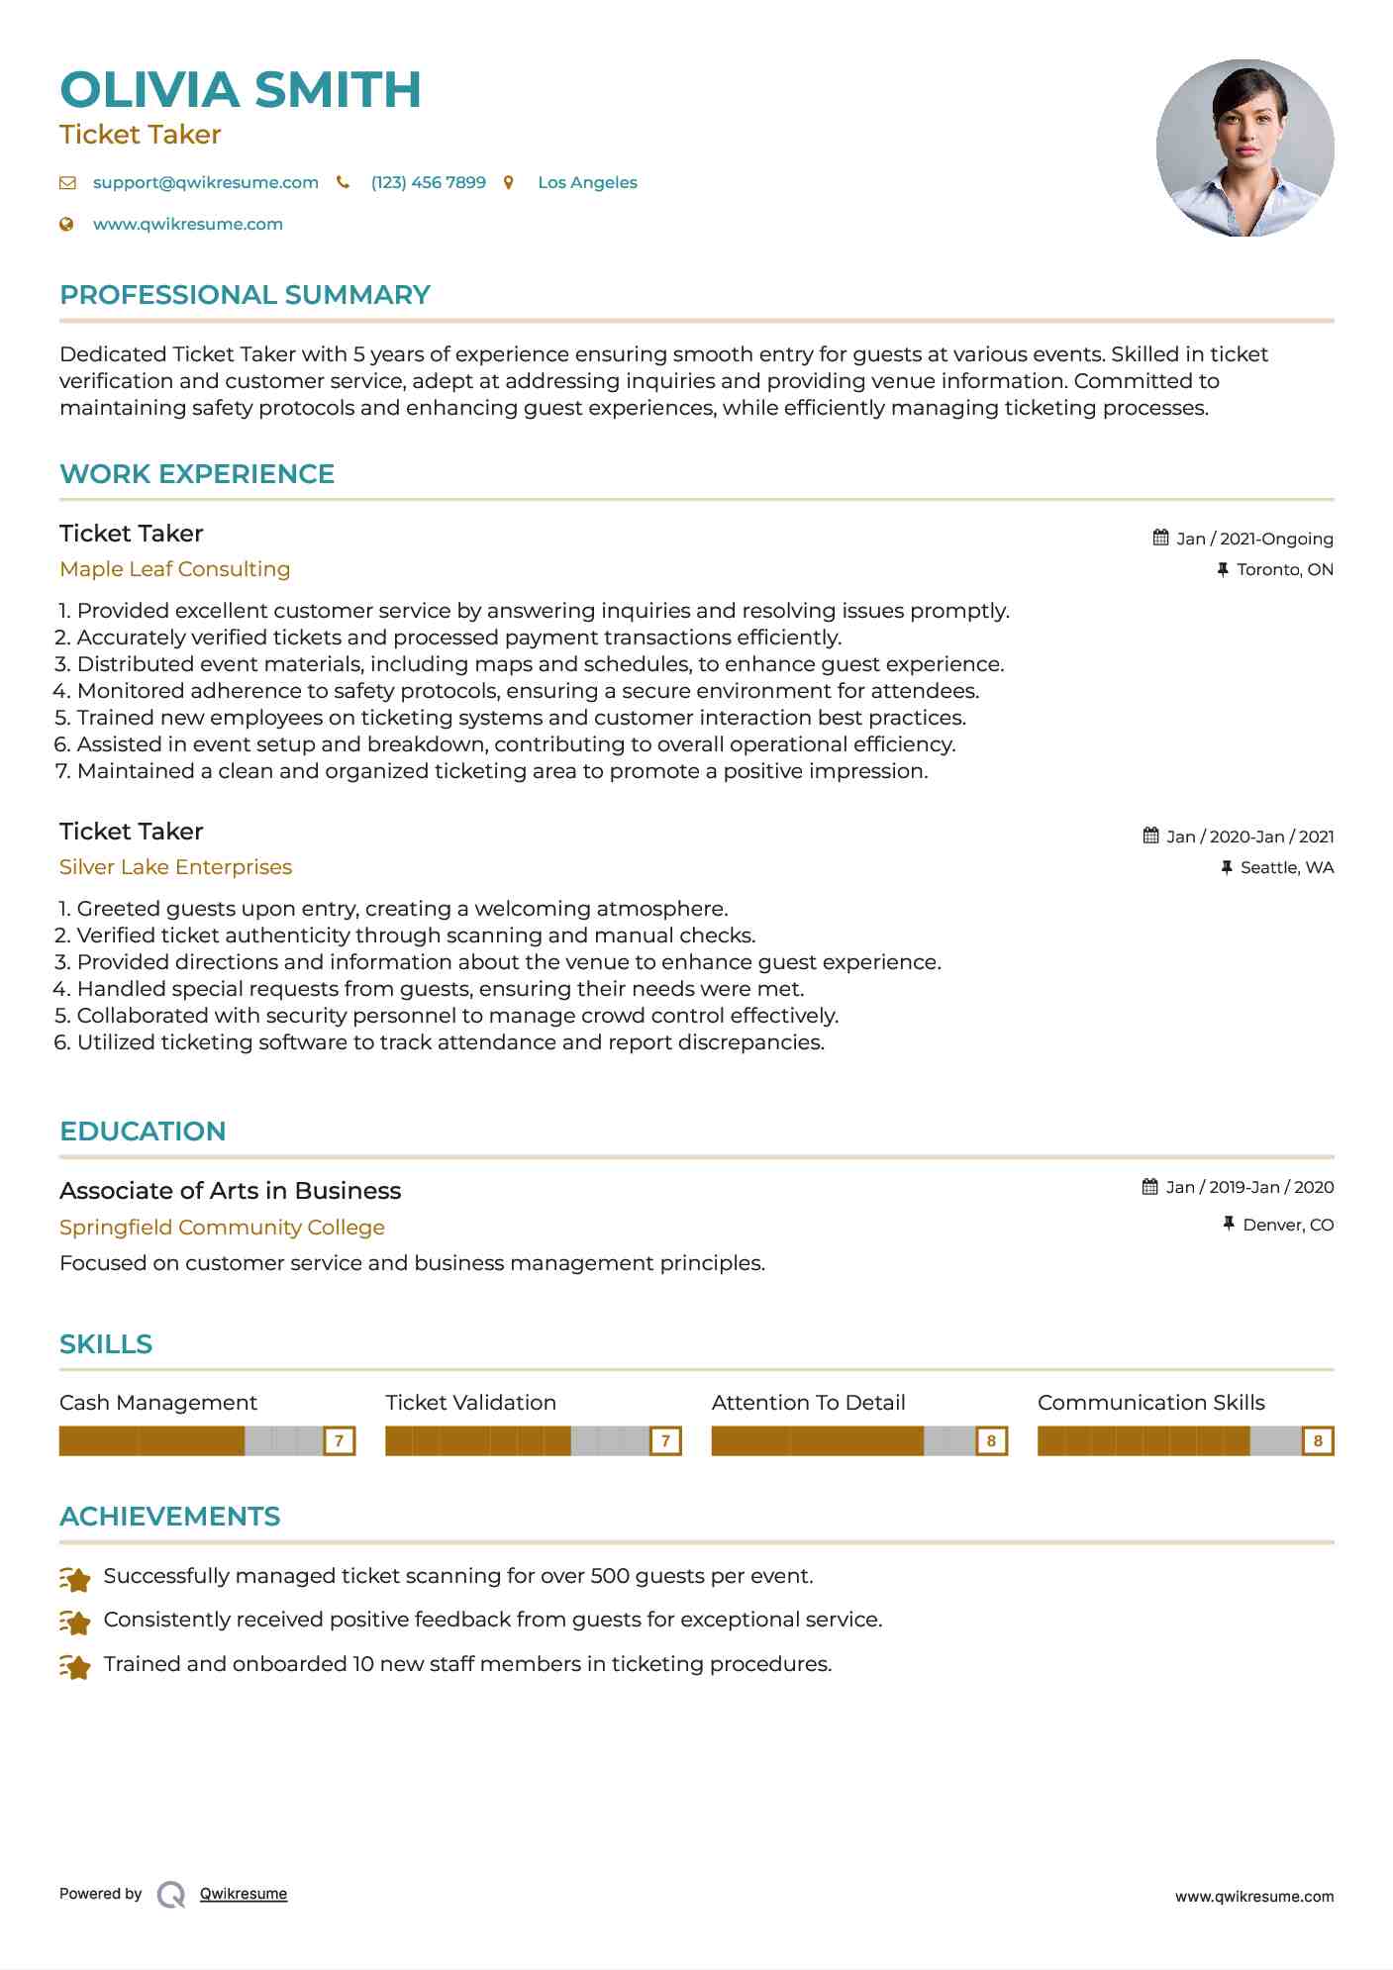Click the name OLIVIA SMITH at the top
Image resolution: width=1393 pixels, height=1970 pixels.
click(241, 90)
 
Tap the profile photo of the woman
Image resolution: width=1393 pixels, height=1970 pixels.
click(1244, 148)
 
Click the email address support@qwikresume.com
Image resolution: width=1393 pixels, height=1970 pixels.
click(205, 183)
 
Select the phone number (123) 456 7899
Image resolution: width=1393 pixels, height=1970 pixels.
click(428, 183)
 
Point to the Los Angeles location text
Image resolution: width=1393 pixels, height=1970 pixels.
click(587, 183)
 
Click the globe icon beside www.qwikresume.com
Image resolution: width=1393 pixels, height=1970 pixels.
click(67, 225)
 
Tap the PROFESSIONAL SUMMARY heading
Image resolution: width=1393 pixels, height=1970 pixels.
click(245, 295)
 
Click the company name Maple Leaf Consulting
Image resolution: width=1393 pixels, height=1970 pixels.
click(174, 569)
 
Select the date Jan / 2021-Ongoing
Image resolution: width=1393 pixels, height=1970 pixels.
click(1254, 539)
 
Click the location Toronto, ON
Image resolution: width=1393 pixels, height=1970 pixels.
click(1284, 570)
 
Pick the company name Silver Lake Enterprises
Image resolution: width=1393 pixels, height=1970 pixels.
click(175, 867)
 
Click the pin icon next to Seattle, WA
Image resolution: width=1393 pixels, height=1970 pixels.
click(1227, 868)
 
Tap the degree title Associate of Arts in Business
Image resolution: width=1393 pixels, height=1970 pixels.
click(230, 1191)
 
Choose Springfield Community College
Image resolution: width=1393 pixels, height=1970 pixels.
click(222, 1228)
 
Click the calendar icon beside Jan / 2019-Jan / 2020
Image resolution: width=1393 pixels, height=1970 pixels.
click(1150, 1187)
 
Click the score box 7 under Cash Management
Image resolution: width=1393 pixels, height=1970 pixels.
click(339, 1441)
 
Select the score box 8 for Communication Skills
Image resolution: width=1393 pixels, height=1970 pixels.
click(1318, 1441)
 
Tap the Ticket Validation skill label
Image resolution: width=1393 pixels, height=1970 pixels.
click(470, 1403)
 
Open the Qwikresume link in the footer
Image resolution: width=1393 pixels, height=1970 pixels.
click(244, 1894)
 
